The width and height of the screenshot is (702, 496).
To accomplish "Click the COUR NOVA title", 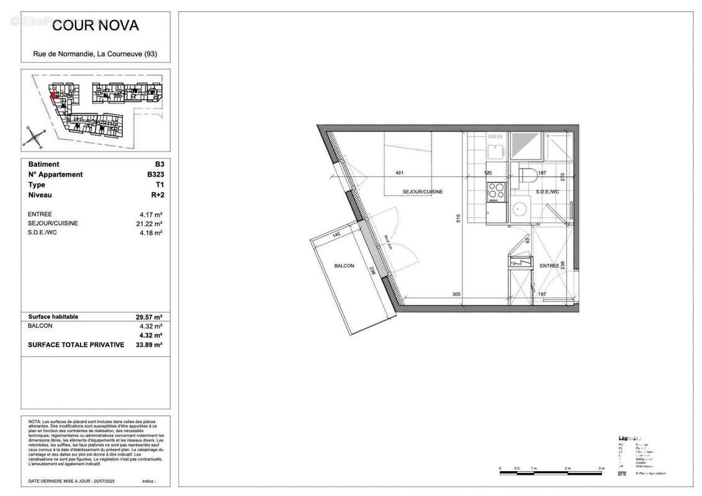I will point(95,25).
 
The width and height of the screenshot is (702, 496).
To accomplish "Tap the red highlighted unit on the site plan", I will point(55,95).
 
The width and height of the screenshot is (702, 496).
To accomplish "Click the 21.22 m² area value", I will point(150,223).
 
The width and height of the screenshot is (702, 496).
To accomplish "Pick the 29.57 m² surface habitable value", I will point(149,317).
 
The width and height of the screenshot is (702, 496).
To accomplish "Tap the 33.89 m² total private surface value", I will point(149,345).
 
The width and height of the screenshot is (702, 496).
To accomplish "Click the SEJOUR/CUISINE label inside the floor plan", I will point(423,192).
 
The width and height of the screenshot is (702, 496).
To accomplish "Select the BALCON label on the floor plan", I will point(344,266).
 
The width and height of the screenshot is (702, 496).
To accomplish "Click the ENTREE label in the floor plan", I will point(549,265).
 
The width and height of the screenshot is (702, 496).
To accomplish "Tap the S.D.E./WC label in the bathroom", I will point(547,192).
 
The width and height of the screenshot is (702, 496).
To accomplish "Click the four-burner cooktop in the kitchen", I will point(495,191).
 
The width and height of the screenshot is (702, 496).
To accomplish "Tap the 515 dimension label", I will point(457,218).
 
